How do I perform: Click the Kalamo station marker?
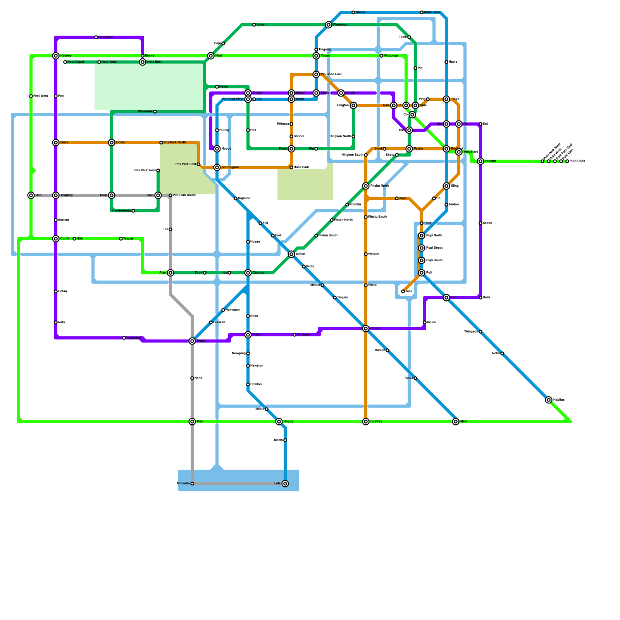56,56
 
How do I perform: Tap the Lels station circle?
285,484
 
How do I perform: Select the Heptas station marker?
549,400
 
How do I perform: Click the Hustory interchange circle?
366,422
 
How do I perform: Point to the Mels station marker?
456,422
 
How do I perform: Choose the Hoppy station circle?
279,422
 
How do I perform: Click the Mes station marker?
192,422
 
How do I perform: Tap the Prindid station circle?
480,161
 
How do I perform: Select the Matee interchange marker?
291,254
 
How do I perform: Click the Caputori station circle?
248,273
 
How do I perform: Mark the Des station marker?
31,195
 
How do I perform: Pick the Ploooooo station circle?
329,25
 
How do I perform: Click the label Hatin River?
432,12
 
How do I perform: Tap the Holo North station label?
106,37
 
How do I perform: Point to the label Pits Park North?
174,143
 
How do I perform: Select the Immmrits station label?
183,484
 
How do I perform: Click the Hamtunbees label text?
121,211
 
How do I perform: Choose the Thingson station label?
471,332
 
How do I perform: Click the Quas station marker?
56,143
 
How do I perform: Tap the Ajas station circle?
170,273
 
